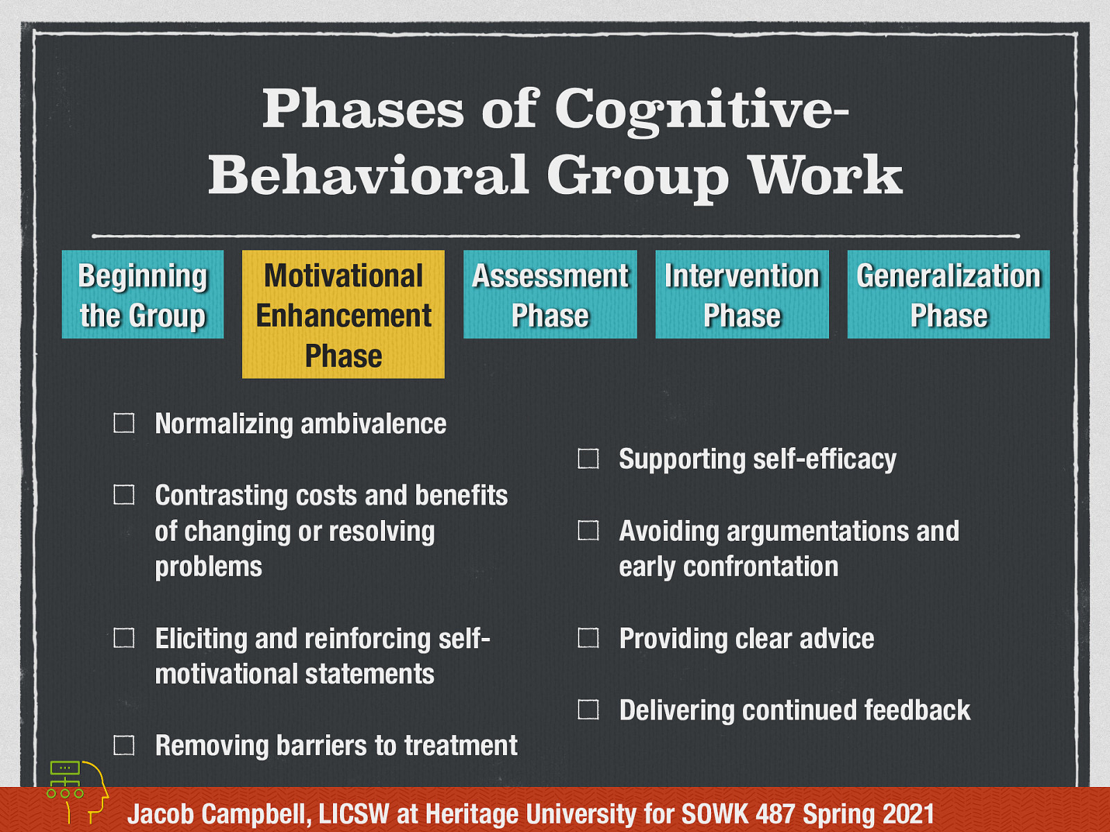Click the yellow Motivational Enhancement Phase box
point(343,314)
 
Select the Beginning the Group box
point(143,295)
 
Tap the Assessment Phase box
point(550,295)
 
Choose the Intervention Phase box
point(742,295)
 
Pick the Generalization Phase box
point(948,295)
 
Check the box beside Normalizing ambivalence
point(124,423)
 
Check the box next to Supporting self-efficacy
point(588,458)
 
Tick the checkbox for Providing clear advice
point(588,638)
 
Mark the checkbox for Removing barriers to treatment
point(124,745)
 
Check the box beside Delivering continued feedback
point(588,709)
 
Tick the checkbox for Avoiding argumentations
point(588,530)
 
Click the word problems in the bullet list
point(208,567)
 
